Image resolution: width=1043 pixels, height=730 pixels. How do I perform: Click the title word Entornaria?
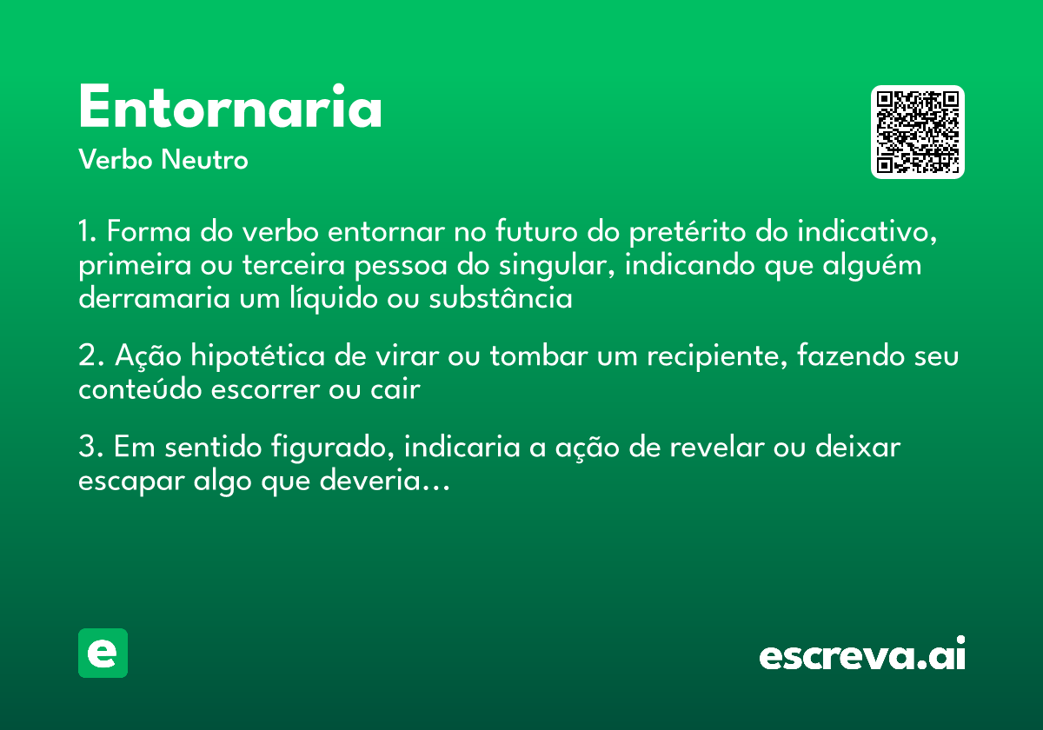pos(230,109)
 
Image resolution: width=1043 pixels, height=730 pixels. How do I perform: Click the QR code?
pos(918,132)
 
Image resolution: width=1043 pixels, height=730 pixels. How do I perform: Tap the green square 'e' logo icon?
pos(103,653)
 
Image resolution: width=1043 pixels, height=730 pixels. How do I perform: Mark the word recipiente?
pos(701,357)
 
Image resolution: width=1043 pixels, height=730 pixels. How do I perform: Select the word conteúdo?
pos(140,389)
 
